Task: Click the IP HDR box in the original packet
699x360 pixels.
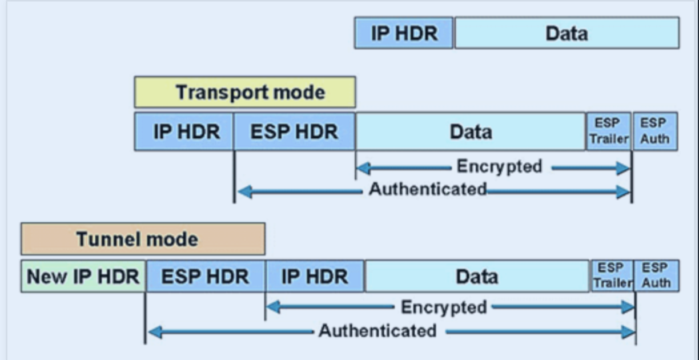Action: [404, 33]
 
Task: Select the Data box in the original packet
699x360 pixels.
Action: [567, 33]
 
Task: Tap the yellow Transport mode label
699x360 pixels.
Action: [244, 92]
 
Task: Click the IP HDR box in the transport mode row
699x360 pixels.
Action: [184, 132]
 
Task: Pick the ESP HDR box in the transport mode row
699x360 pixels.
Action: [294, 132]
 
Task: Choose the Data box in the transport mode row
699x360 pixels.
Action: [471, 132]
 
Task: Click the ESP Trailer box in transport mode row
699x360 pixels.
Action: [609, 132]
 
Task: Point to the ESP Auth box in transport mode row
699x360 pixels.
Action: [654, 132]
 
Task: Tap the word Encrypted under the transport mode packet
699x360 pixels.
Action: [499, 167]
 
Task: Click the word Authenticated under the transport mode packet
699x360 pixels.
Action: [428, 189]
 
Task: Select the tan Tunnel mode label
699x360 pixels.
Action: [143, 239]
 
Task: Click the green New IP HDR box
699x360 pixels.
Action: [83, 277]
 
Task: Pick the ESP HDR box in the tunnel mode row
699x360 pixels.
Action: [205, 277]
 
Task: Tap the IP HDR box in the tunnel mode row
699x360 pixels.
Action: [315, 277]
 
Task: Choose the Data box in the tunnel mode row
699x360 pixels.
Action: [477, 277]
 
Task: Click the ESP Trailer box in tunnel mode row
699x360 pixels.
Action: [612, 276]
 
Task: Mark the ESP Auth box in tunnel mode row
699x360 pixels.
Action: [657, 276]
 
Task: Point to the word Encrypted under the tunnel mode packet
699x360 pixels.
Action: [444, 307]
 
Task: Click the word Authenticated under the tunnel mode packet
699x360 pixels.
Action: [377, 330]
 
